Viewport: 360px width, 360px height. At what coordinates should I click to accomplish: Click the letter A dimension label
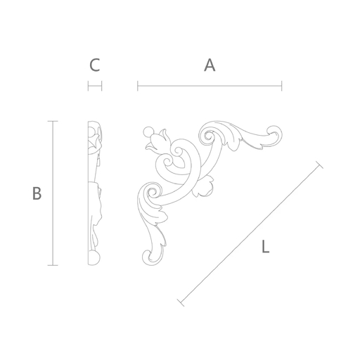tap(210, 65)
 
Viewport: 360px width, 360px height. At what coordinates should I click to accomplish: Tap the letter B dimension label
tap(37, 193)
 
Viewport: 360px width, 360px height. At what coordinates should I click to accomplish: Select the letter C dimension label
tap(95, 65)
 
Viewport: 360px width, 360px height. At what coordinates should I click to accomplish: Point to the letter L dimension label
tap(265, 247)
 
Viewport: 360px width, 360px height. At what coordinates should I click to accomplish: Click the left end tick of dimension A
tap(138, 86)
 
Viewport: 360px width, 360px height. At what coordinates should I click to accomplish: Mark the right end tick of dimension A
tap(282, 86)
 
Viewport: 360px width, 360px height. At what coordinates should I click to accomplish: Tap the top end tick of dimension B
tap(53, 121)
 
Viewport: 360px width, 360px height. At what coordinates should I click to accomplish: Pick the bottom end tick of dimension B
tap(53, 265)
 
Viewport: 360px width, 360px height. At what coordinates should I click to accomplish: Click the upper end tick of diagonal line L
tap(319, 165)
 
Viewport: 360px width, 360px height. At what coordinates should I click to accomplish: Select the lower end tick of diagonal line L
tap(181, 303)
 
